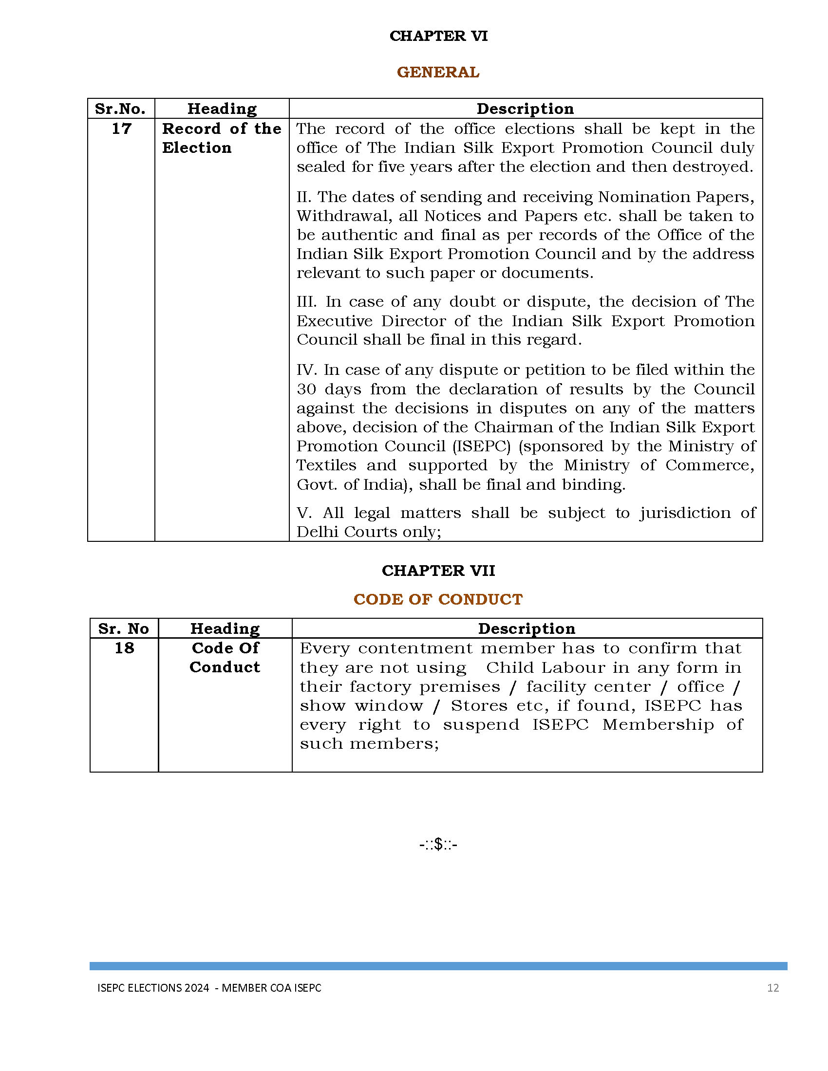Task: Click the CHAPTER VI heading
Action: [x=438, y=36]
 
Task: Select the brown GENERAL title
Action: [x=437, y=72]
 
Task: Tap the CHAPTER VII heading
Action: [x=438, y=571]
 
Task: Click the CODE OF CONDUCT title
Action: [x=438, y=599]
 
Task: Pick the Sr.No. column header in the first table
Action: [x=120, y=109]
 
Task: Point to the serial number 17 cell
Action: [x=121, y=129]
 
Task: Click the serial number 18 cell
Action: [x=124, y=648]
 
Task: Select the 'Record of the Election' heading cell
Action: [x=222, y=138]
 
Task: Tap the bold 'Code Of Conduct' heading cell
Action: [x=225, y=657]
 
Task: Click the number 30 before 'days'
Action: [x=306, y=389]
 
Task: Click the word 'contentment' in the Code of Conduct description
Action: [x=415, y=648]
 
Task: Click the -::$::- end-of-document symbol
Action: [x=438, y=845]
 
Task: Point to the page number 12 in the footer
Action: [x=772, y=988]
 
